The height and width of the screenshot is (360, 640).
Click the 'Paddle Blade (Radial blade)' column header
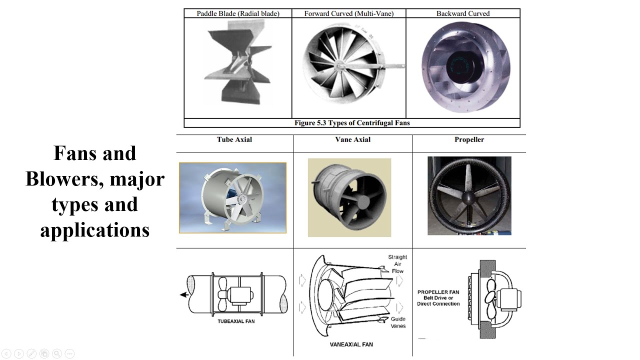point(237,13)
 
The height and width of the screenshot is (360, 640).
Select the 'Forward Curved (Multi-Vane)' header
point(348,13)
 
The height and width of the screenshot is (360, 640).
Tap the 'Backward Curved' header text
point(462,13)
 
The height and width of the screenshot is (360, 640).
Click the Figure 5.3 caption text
point(352,123)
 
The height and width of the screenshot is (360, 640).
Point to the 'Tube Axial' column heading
point(234,139)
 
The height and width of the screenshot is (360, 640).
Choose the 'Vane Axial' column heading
point(352,139)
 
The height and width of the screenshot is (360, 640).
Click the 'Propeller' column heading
point(469,139)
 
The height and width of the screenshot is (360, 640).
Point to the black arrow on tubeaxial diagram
point(184,295)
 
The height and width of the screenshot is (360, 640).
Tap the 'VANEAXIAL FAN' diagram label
point(351,344)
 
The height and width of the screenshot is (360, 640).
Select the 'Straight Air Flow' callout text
point(397,264)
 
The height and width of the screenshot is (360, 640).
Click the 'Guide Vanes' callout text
point(398,322)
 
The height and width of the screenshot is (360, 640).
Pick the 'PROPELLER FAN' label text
point(438,291)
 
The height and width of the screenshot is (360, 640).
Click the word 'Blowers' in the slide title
point(59,178)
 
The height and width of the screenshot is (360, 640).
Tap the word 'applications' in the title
point(95,230)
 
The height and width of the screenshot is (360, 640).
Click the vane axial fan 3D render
point(349,197)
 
